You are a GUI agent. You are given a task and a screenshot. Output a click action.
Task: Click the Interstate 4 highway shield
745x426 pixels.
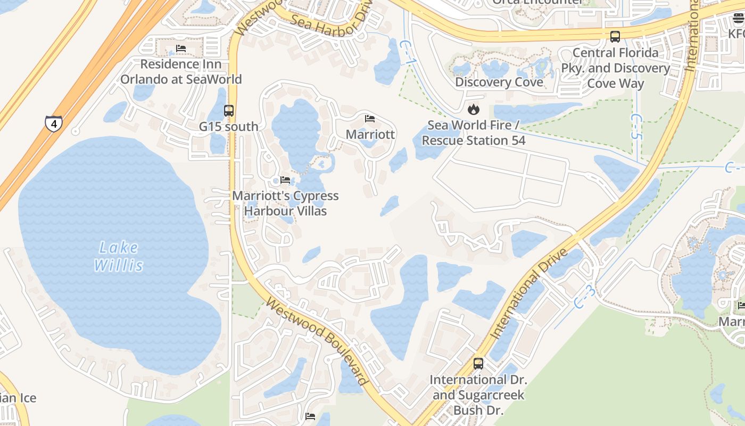pyautogui.click(x=53, y=124)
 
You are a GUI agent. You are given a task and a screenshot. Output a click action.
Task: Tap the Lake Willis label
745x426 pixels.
pyautogui.click(x=119, y=256)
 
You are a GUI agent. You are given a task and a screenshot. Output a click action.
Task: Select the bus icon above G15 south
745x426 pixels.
pyautogui.click(x=229, y=111)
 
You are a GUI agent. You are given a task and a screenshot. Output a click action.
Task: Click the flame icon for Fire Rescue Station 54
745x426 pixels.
pyautogui.click(x=473, y=110)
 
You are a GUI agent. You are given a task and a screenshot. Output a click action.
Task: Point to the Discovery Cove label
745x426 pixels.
pyautogui.click(x=499, y=82)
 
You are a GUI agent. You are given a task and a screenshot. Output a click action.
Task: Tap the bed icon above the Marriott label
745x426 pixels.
pyautogui.click(x=370, y=118)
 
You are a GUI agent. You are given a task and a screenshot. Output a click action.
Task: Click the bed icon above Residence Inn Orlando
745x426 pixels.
pyautogui.click(x=181, y=48)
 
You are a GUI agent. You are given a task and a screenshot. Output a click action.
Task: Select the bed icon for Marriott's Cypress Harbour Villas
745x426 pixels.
pyautogui.click(x=285, y=180)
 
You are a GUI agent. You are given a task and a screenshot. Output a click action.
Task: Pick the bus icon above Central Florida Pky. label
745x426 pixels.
pyautogui.click(x=615, y=37)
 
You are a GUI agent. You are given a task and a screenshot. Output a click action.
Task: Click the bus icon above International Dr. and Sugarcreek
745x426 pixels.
pyautogui.click(x=478, y=364)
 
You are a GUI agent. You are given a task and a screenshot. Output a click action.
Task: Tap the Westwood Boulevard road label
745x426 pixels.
pyautogui.click(x=317, y=341)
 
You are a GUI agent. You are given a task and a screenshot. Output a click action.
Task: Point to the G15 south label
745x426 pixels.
pyautogui.click(x=229, y=127)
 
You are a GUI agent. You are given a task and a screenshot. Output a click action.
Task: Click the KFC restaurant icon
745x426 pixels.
pyautogui.click(x=738, y=19)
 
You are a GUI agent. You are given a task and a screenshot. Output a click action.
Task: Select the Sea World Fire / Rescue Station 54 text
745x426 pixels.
pyautogui.click(x=474, y=133)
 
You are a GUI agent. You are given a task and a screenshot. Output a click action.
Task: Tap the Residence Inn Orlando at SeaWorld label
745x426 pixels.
pyautogui.click(x=181, y=72)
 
